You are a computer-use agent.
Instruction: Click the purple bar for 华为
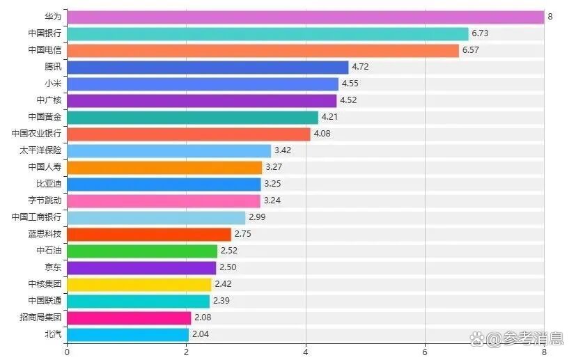(x=305, y=17)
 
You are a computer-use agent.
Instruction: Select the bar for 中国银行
(x=267, y=33)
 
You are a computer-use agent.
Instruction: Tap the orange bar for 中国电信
(x=263, y=50)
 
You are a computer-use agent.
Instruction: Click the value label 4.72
(x=360, y=67)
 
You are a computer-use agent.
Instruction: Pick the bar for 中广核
(x=201, y=100)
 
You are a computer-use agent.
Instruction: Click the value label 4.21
(x=329, y=117)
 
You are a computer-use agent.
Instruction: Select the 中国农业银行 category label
(x=36, y=134)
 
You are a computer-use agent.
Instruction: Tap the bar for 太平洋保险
(x=169, y=150)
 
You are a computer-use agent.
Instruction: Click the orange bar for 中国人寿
(x=164, y=167)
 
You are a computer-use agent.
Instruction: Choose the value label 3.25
(x=272, y=184)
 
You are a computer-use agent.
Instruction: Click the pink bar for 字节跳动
(x=163, y=201)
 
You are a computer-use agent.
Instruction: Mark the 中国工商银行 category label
(x=36, y=217)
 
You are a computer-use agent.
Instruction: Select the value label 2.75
(x=242, y=234)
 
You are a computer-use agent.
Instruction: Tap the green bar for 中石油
(x=142, y=251)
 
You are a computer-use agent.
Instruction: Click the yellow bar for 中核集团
(x=139, y=284)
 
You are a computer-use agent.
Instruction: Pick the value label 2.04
(x=201, y=334)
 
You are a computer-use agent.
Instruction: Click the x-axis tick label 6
(x=425, y=352)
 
